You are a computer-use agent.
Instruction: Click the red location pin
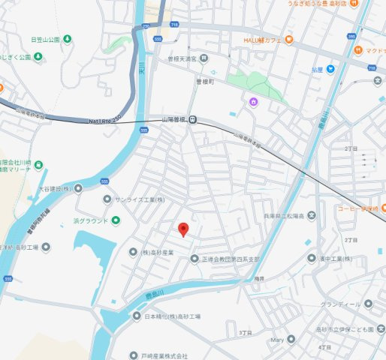tap(182, 229)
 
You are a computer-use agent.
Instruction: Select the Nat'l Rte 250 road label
tap(106, 120)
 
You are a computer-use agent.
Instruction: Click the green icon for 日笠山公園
tap(68, 39)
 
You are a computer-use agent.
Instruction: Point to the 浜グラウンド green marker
tap(116, 220)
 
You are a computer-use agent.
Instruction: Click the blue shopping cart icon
tap(329, 69)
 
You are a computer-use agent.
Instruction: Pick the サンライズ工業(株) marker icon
tap(107, 199)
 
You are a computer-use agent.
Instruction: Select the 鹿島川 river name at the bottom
tap(155, 298)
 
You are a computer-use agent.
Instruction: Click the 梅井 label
tap(259, 278)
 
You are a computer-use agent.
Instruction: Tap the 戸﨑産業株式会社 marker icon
tap(134, 355)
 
